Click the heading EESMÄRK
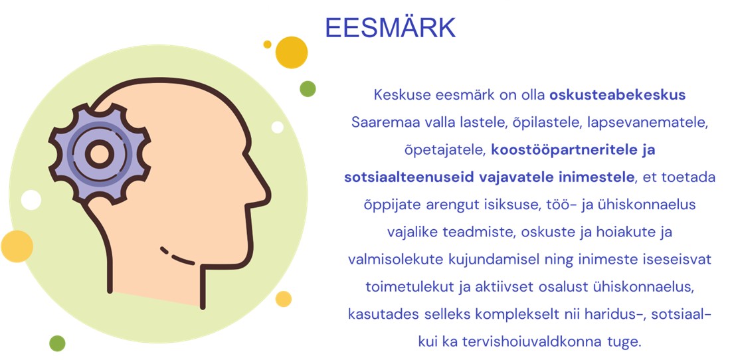[390, 27]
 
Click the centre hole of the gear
[99, 154]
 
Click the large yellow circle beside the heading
[292, 52]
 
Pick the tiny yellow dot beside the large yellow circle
[267, 45]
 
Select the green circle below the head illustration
[57, 343]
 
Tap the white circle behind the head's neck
[31, 200]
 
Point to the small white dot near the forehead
[278, 127]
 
